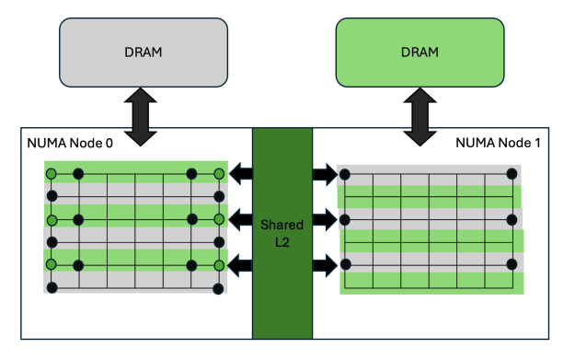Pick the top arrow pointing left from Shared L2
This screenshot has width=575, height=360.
240,172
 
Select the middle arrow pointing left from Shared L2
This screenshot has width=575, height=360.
240,219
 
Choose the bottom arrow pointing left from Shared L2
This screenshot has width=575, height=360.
240,267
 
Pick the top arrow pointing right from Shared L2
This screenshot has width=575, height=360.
325,172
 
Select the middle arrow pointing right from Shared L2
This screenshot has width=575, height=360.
325,219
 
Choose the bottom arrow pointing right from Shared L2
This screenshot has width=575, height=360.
325,267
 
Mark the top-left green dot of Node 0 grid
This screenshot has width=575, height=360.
52,174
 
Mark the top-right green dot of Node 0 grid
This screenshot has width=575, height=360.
219,174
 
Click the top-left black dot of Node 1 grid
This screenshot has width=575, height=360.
343,175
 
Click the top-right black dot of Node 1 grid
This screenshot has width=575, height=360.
512,175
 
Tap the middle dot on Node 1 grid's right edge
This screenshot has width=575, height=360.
512,220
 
